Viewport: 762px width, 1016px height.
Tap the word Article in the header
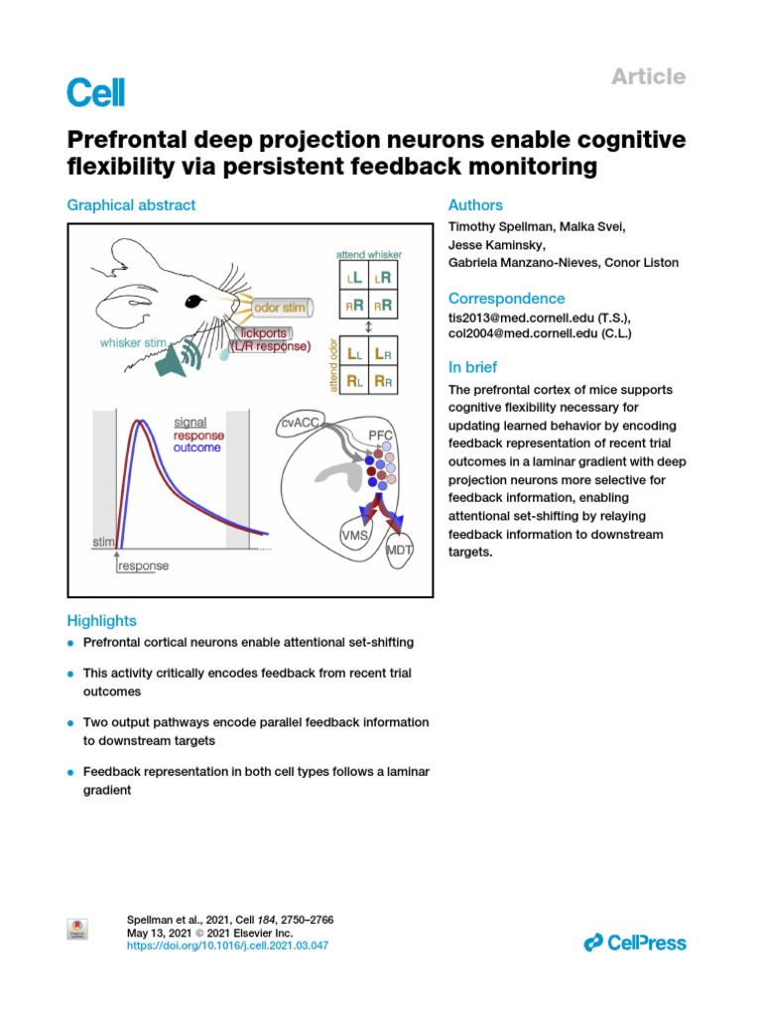[649, 76]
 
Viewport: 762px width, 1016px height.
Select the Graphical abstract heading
[131, 205]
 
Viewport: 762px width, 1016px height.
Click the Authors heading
[475, 205]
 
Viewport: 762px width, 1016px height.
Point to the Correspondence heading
[507, 299]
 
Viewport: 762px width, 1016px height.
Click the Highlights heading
[101, 621]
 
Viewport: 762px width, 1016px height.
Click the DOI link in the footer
[227, 947]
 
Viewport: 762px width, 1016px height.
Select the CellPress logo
[635, 943]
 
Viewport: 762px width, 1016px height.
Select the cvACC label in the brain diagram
[299, 423]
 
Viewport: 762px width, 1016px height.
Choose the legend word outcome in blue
[198, 448]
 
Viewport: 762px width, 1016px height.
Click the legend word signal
[190, 422]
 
